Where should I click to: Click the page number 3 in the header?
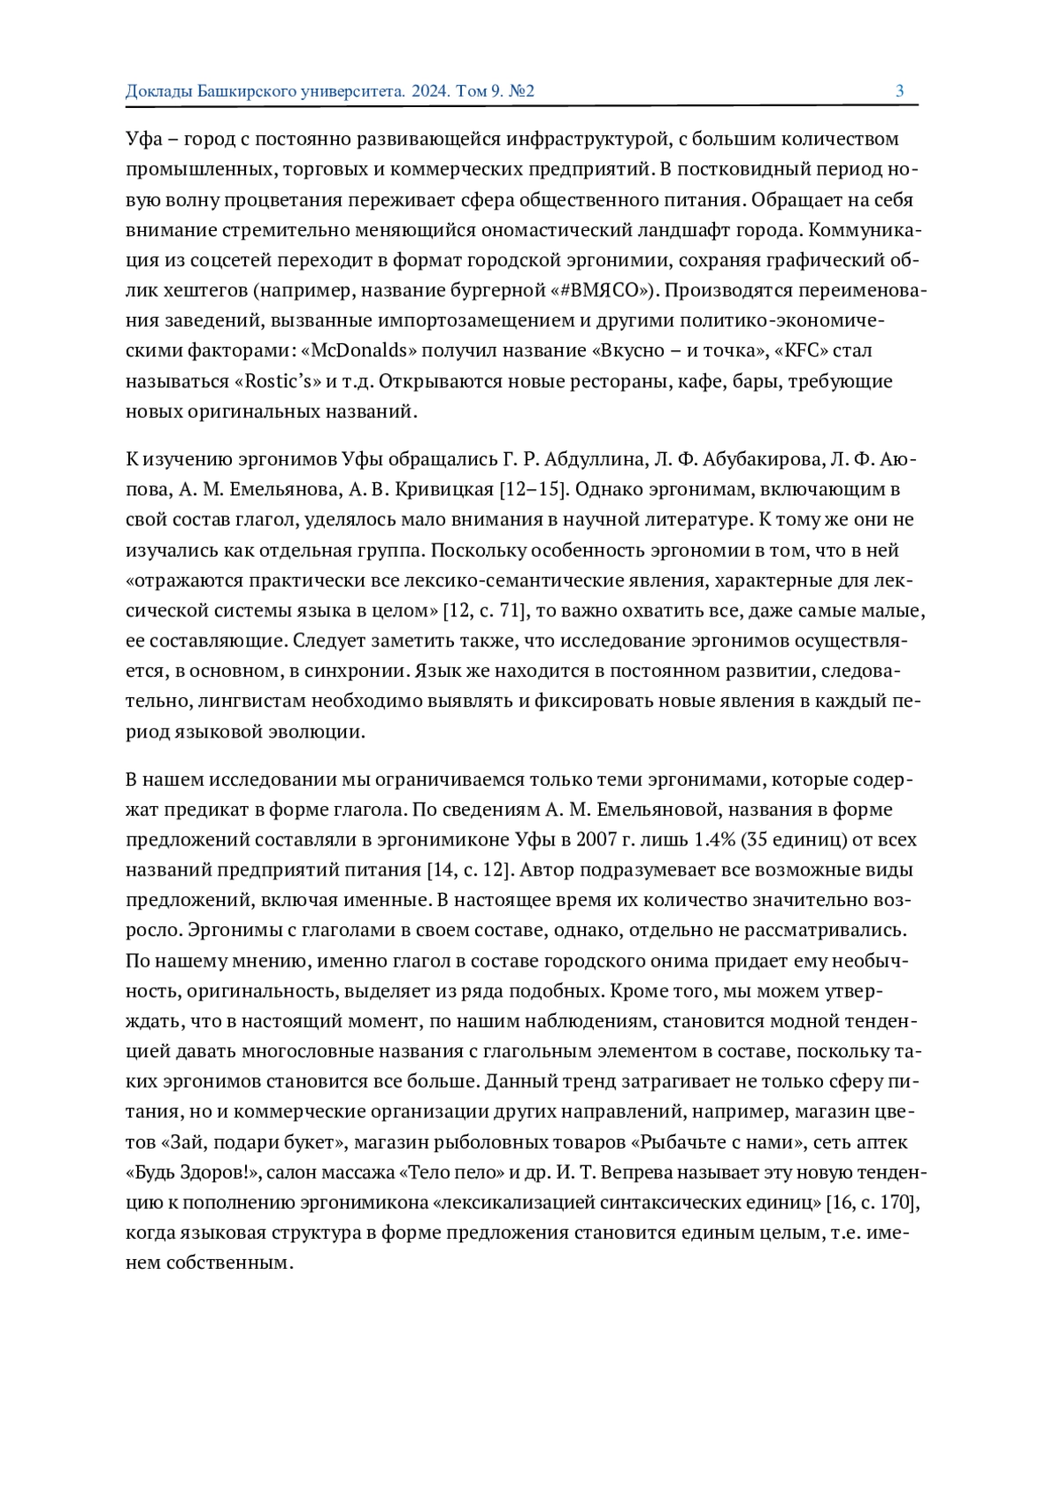pos(899,90)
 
